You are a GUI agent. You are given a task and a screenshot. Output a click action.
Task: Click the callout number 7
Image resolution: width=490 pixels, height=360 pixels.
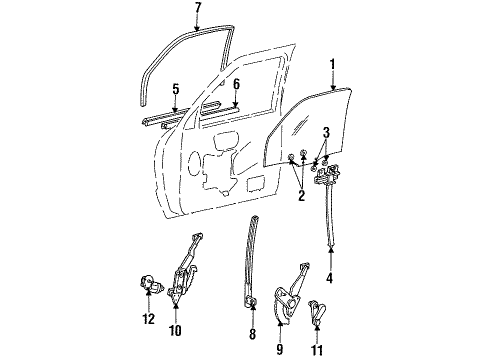point(198,8)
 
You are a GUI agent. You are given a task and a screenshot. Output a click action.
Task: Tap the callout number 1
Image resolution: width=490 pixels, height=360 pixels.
point(333,65)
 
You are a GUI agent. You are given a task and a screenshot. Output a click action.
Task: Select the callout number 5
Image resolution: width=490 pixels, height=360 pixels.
point(176,89)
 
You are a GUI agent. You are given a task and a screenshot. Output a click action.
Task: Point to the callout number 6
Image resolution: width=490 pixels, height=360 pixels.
point(236,84)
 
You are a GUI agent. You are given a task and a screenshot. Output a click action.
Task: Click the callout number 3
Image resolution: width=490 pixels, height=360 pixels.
point(326,132)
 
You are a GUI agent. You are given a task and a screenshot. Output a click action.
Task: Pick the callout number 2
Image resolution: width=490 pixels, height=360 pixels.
point(301,196)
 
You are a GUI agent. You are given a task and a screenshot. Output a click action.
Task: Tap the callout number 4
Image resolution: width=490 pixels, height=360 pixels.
point(330,277)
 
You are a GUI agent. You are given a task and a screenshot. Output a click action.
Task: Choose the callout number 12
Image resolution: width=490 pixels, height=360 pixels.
point(148,319)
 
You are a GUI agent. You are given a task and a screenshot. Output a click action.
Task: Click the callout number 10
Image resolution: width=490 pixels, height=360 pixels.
point(176,330)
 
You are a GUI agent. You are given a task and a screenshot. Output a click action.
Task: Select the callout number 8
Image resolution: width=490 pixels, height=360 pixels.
point(253,334)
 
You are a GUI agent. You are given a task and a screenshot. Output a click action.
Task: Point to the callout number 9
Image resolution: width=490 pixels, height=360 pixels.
point(280,349)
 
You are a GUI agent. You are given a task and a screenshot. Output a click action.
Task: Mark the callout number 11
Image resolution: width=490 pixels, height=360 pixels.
point(317,350)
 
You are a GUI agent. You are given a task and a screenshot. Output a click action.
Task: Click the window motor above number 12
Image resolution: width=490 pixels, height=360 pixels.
point(151,284)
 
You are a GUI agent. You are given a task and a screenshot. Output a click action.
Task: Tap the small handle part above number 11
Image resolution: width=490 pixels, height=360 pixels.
point(317,312)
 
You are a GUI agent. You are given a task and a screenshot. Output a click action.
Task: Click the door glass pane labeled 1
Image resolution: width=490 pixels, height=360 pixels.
point(308,127)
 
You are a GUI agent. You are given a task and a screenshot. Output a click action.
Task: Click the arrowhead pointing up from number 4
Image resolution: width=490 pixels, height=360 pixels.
point(330,249)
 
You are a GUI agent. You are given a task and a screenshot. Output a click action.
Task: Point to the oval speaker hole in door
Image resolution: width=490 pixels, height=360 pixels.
point(193,164)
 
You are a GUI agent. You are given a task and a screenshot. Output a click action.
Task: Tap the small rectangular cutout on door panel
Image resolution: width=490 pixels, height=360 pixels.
point(255,184)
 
